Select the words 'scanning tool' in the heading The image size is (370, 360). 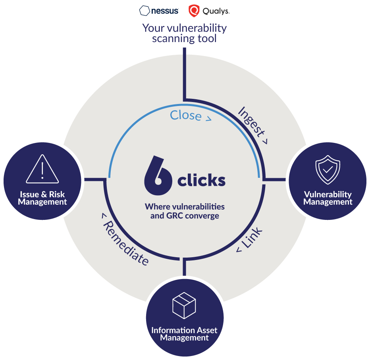pos(184,39)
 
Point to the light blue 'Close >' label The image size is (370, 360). pos(190,116)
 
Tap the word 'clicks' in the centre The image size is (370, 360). pos(201,181)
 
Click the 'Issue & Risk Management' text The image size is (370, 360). pos(42,198)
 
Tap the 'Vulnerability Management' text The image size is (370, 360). pos(328,198)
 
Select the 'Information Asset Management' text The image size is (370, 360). pos(184,334)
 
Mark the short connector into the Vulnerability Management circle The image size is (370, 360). pos(275,179)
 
